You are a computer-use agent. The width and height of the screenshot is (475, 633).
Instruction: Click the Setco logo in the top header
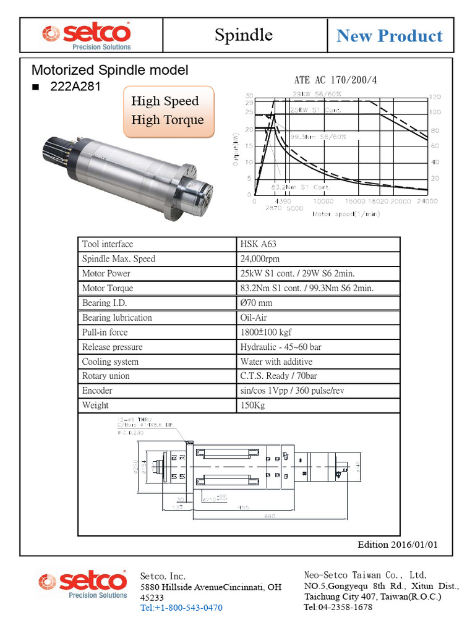(x=86, y=35)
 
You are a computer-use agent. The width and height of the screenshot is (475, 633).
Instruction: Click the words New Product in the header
(x=389, y=36)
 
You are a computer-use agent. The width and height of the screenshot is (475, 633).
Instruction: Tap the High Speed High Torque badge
(x=168, y=111)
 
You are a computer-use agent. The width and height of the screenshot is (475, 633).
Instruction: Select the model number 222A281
(x=75, y=87)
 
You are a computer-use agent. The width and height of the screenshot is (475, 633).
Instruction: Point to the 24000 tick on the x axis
(x=426, y=202)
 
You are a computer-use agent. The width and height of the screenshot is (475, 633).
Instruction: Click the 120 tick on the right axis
(x=435, y=97)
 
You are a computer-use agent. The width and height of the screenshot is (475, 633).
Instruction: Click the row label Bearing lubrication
(x=117, y=318)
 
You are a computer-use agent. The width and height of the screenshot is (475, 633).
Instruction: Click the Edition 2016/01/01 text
(x=398, y=545)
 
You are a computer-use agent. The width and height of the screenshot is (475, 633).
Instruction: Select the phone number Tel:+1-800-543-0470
(x=181, y=608)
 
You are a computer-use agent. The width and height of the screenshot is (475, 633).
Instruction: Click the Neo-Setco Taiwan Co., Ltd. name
(x=366, y=575)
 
